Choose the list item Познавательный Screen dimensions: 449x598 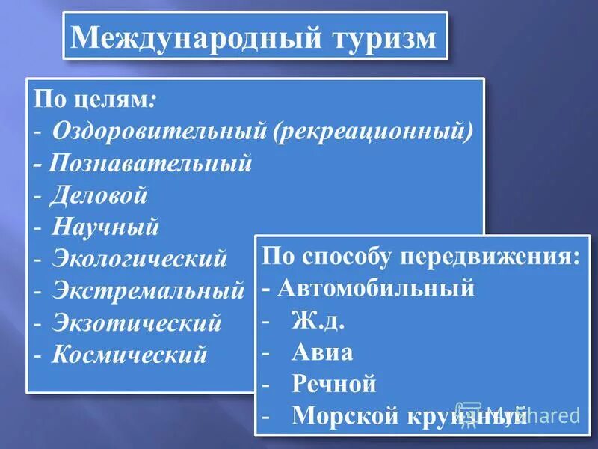pyautogui.click(x=151, y=163)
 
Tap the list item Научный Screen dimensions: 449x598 pyautogui.click(x=105, y=227)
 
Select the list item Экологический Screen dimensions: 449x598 pyautogui.click(x=139, y=259)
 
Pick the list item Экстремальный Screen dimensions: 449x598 pyautogui.click(x=148, y=290)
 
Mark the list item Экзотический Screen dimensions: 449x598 pyautogui.click(x=137, y=323)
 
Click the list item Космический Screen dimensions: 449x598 pyautogui.click(x=129, y=354)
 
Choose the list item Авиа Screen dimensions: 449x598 pyautogui.click(x=323, y=352)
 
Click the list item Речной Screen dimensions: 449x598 pyautogui.click(x=334, y=384)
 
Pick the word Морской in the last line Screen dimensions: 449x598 pyautogui.click(x=344, y=415)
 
